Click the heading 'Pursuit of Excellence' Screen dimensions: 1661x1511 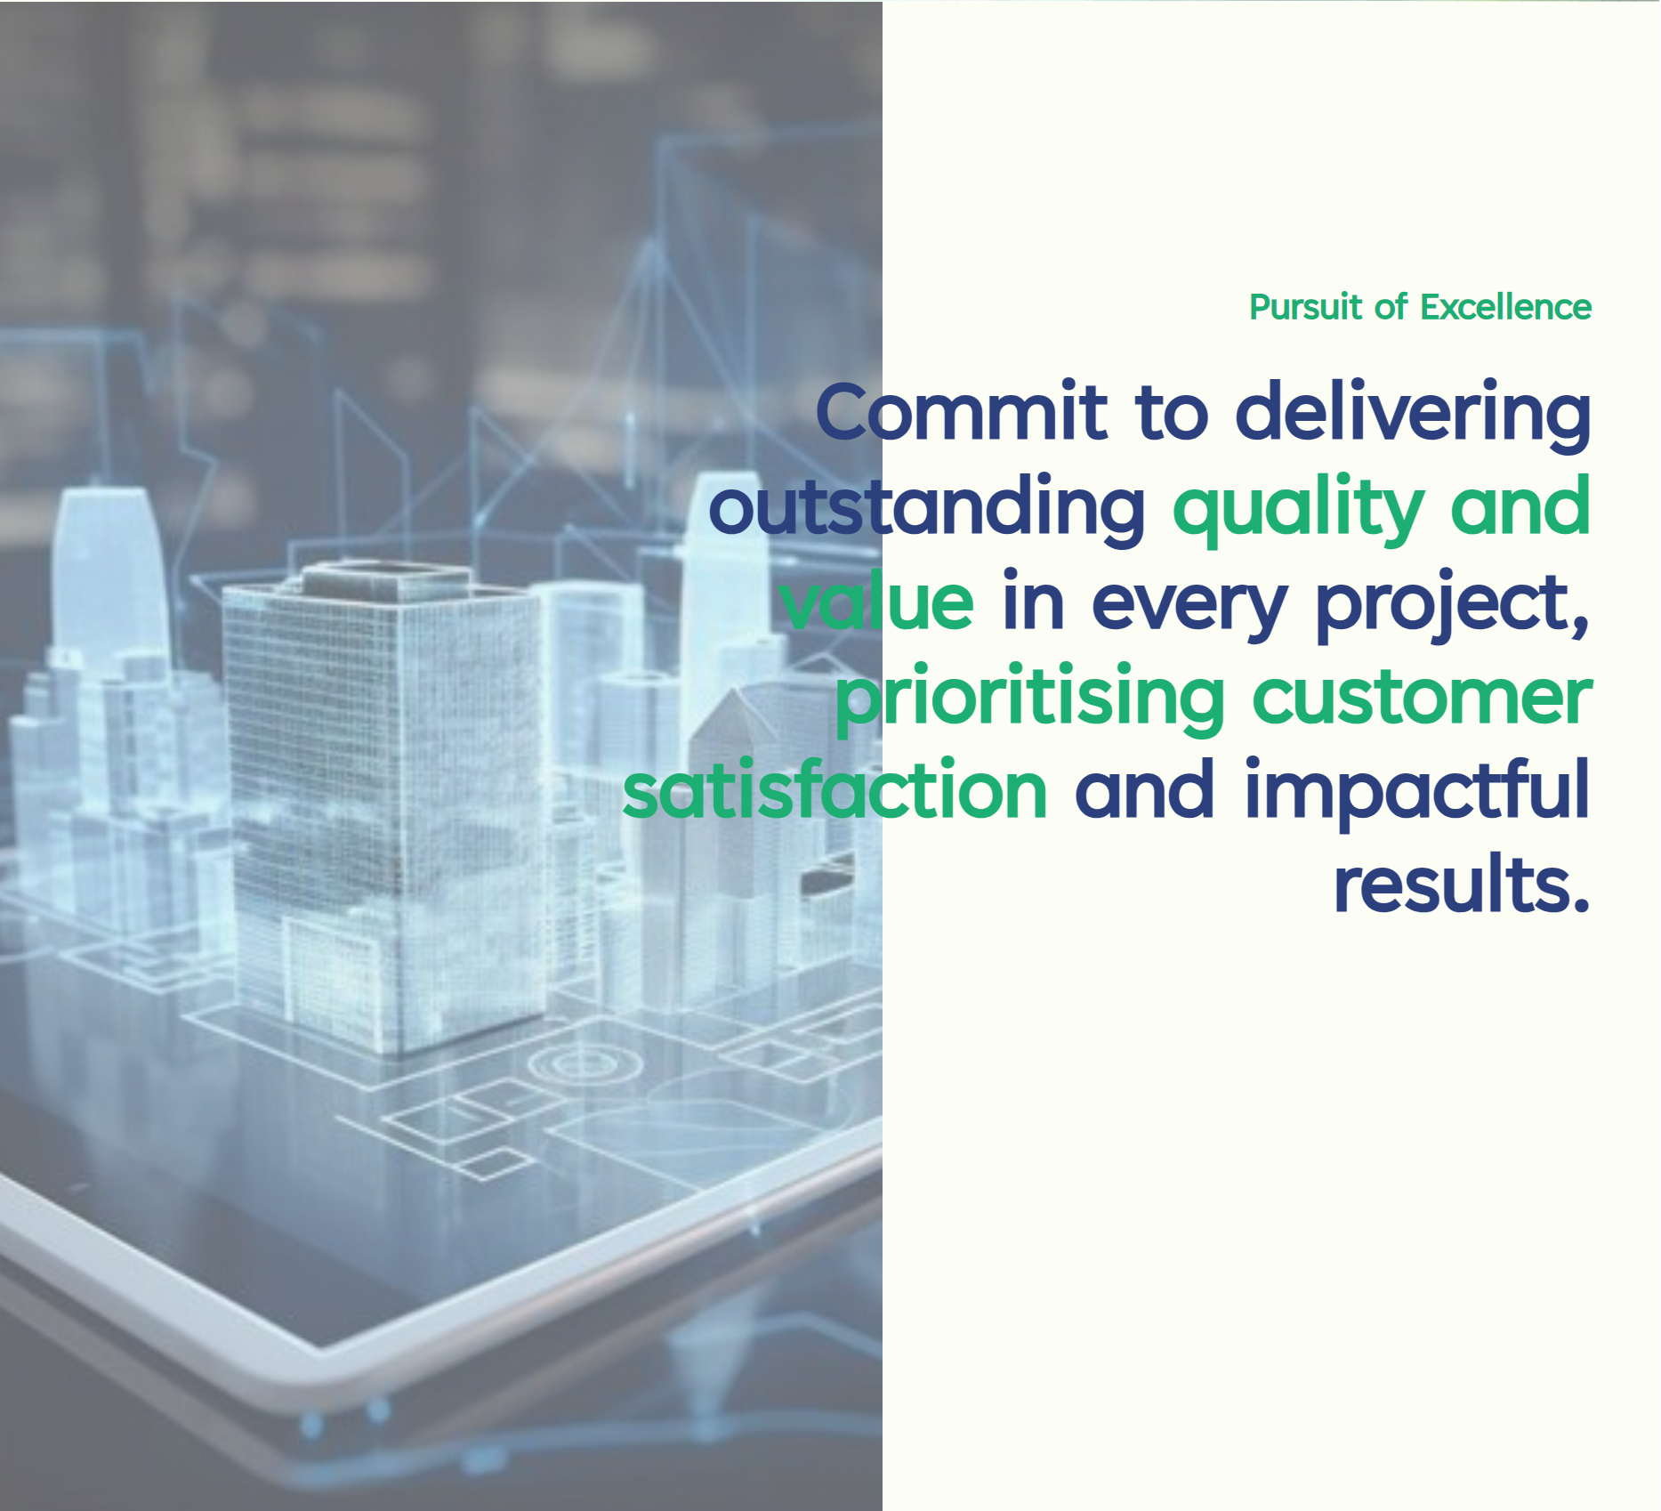1420,307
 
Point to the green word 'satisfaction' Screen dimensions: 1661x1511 835,790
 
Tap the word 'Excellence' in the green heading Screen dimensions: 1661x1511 1505,307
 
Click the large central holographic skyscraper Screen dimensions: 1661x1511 383,801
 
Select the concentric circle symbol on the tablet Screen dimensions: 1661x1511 585,1063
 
